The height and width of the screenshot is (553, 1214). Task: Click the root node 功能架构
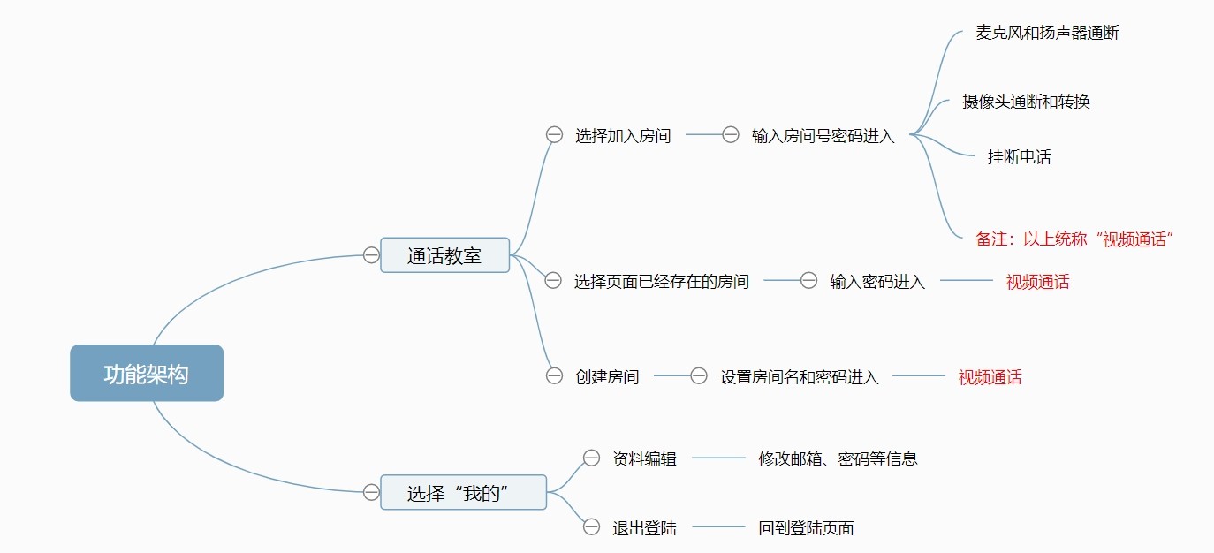147,373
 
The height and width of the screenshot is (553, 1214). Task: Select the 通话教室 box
444,255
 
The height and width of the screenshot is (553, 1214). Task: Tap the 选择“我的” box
463,492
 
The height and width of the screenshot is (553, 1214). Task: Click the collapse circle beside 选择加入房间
554,135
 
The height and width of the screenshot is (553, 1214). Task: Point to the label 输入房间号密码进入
823,136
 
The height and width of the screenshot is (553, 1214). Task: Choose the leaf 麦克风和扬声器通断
1047,33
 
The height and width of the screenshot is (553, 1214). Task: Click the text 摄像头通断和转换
1026,102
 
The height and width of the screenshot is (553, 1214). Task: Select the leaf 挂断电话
1019,158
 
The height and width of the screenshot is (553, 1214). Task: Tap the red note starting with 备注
1073,239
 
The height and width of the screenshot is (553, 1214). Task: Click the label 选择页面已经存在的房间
661,282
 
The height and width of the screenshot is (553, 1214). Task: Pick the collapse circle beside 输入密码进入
808,281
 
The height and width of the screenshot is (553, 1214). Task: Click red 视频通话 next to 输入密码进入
1037,282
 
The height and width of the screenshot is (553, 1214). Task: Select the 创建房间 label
607,377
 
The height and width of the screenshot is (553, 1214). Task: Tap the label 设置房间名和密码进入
799,377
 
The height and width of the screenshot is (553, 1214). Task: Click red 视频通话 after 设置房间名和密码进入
990,377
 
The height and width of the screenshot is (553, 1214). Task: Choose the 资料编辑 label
644,458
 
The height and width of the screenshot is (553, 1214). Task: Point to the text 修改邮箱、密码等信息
838,458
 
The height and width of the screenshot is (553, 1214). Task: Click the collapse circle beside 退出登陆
592,527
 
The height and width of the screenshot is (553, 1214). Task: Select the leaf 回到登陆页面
806,528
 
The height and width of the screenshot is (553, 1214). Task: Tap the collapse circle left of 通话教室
371,255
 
